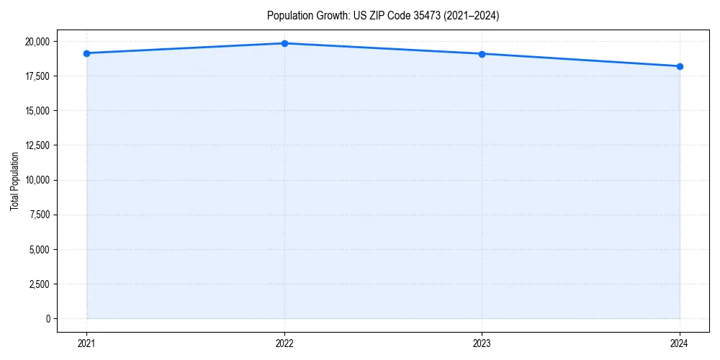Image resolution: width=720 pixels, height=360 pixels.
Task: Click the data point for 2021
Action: [x=86, y=53]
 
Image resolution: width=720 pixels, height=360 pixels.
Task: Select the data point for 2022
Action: [x=284, y=43]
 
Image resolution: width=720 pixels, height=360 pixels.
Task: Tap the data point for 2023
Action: [x=482, y=54]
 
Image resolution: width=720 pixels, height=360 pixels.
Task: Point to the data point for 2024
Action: [x=680, y=66]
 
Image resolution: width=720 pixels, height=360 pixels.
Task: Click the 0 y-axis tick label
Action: [x=48, y=319]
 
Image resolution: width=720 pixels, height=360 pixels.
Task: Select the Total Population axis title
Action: [x=14, y=181]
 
